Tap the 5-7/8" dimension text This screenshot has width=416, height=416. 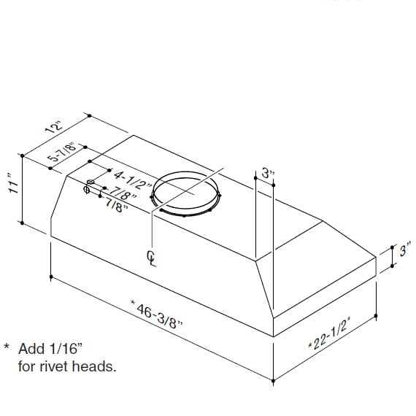point(61,155)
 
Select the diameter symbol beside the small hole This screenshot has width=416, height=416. point(86,191)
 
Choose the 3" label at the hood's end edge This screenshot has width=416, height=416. point(406,252)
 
